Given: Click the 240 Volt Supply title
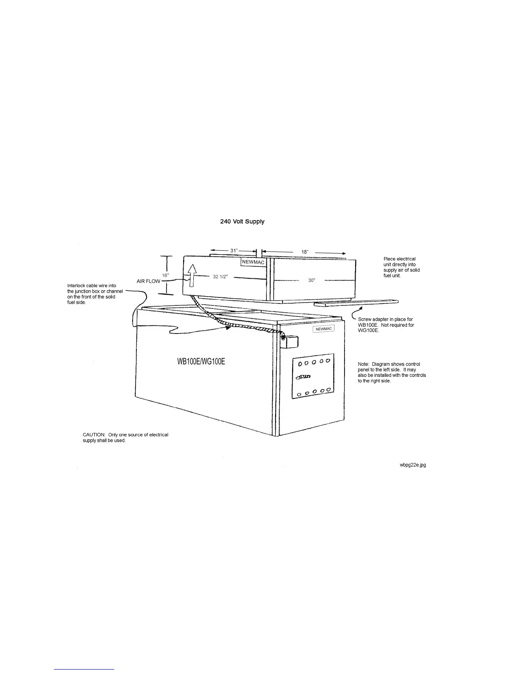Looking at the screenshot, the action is click(242, 221).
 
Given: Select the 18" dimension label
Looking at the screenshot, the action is click(305, 252).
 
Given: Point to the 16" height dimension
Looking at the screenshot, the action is click(165, 275).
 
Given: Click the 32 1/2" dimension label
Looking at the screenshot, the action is click(220, 277).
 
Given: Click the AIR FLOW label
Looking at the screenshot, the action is click(148, 281).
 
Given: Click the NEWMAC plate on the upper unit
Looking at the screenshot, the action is click(253, 262).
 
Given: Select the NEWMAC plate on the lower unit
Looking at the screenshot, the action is click(324, 329).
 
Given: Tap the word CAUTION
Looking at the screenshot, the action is click(93, 435).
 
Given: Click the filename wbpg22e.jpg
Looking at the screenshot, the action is click(413, 465).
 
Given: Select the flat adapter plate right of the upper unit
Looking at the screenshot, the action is click(356, 303).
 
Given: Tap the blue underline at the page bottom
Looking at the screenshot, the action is click(84, 669).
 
